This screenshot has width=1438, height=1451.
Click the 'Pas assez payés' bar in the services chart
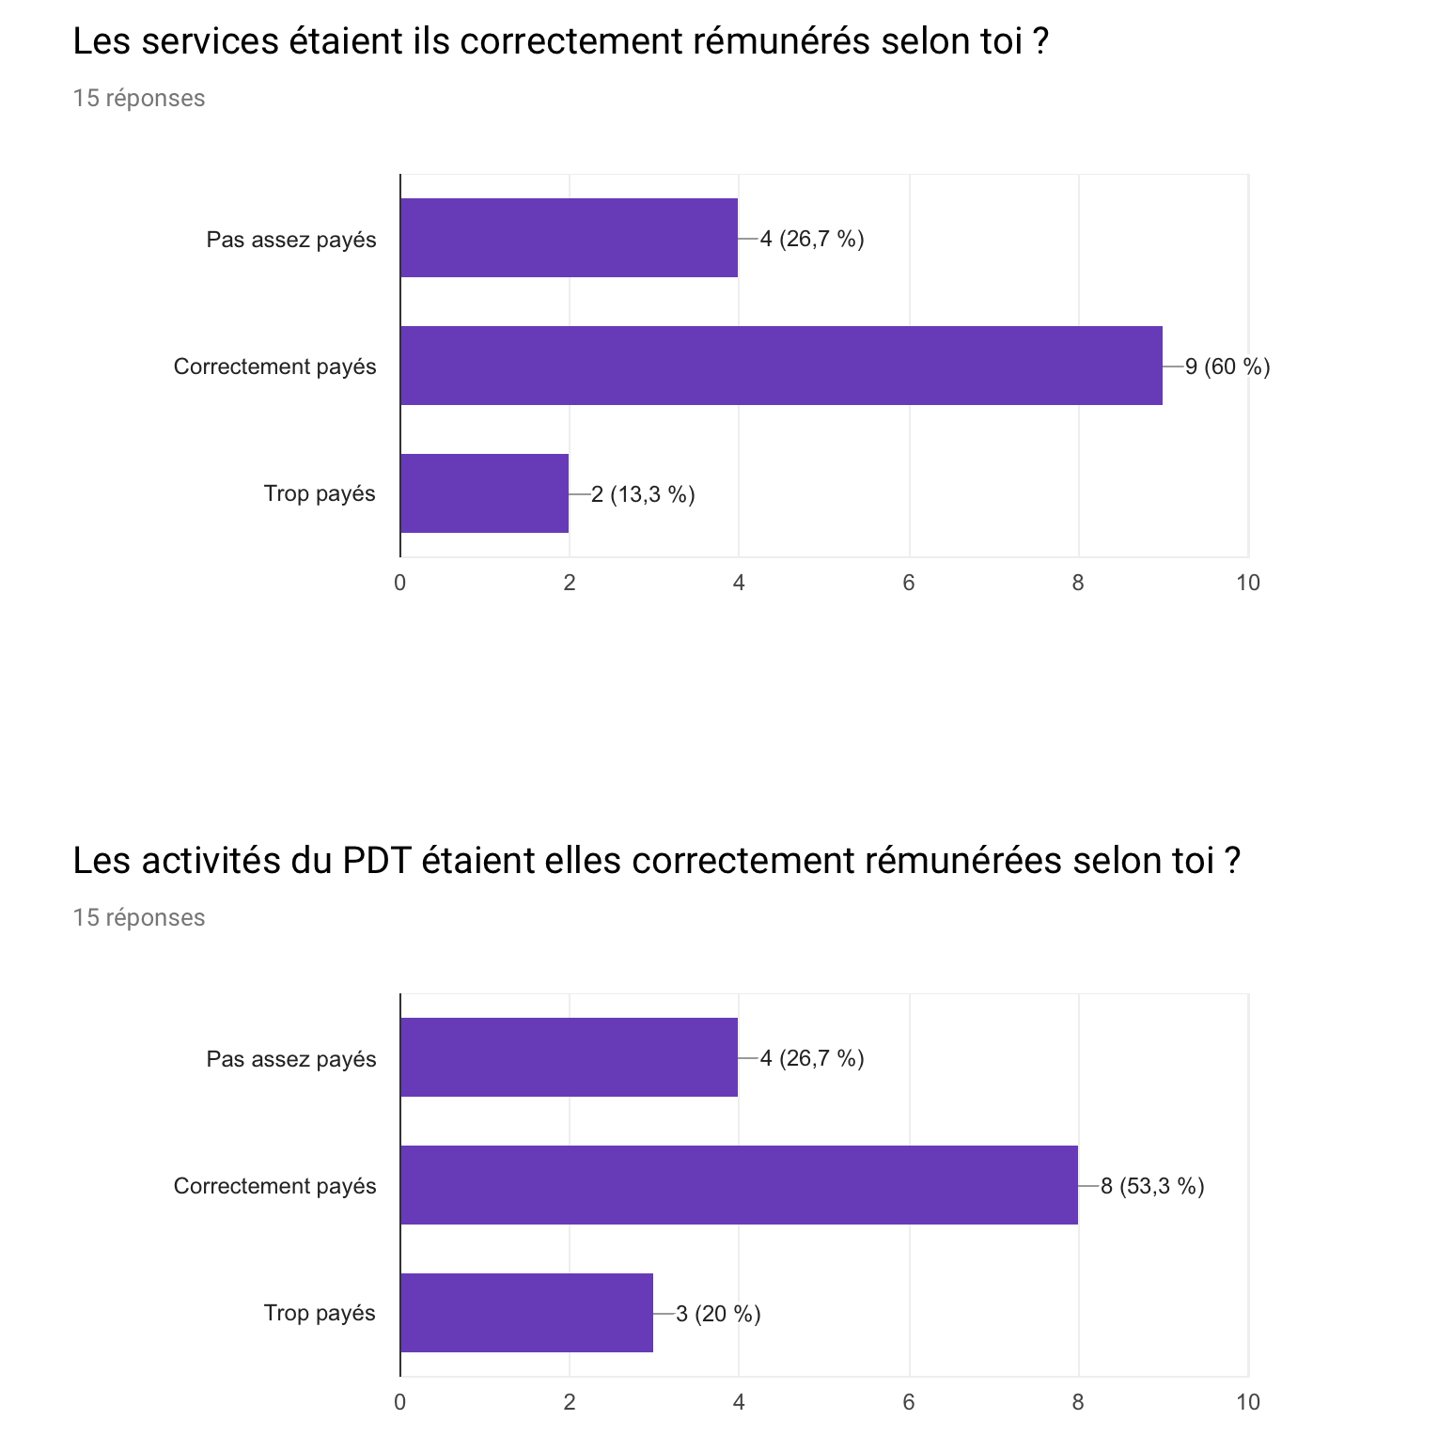pos(569,238)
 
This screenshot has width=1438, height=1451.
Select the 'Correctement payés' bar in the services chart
pos(781,366)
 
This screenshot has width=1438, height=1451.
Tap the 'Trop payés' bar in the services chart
pos(484,493)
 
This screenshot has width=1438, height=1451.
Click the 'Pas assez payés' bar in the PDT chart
pos(569,1057)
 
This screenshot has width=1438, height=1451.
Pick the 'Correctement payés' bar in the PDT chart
pos(739,1185)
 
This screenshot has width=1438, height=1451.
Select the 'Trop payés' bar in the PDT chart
pos(526,1313)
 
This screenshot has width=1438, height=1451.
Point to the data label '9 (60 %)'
pos(1227,367)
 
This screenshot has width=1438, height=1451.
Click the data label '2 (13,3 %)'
pos(644,494)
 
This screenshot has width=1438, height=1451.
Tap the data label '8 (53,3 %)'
pos(1152,1186)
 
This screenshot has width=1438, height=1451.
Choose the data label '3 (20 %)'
pos(719,1314)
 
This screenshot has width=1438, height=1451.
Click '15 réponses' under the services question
pos(139,98)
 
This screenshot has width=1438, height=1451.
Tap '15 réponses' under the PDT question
pos(139,917)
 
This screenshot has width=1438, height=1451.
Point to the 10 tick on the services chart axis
pos(1248,583)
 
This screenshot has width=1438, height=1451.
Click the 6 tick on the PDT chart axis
pos(909,1402)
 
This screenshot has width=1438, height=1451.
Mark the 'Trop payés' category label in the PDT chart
pos(320,1313)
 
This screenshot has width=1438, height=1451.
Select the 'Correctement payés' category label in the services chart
pos(274,367)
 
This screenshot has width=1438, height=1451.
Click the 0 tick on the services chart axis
pos(400,583)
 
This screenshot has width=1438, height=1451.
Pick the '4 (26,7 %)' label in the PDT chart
pos(812,1058)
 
